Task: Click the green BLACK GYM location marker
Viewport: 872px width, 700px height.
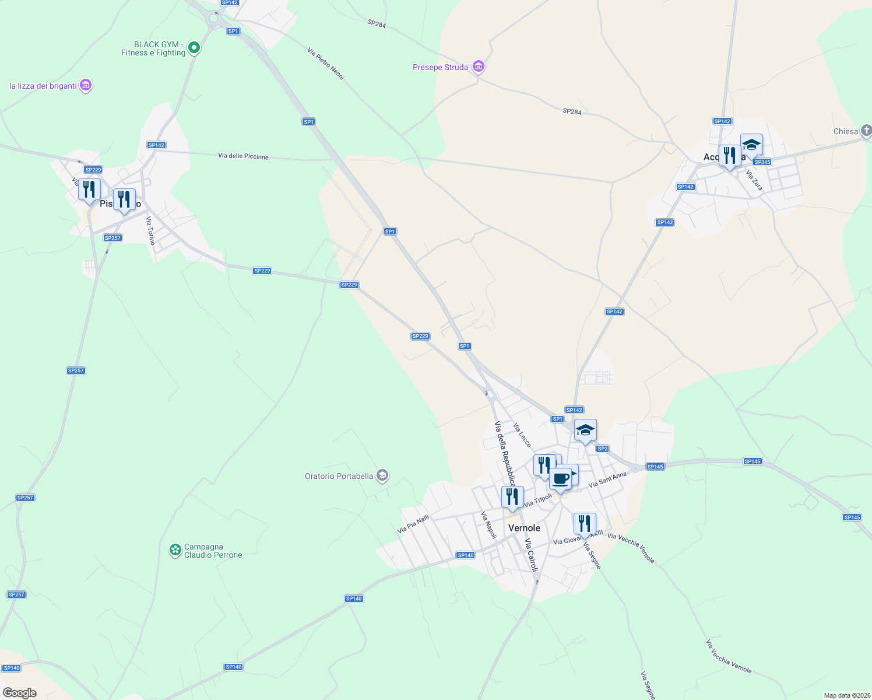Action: pos(194,48)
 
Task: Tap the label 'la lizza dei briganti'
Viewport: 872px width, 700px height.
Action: pos(43,86)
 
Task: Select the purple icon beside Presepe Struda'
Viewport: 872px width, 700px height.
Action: pos(478,67)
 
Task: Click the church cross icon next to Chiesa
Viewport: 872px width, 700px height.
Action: pos(866,131)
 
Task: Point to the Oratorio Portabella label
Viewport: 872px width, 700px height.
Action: pos(339,476)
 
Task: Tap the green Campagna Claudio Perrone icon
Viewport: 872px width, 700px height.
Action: pos(174,549)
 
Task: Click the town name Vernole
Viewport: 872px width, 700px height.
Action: pos(524,528)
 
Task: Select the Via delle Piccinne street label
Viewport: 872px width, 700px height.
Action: pos(243,156)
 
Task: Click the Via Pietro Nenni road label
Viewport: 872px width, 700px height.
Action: pos(326,64)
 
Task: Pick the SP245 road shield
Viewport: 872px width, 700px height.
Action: pos(762,162)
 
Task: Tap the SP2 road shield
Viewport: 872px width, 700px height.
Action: pos(602,449)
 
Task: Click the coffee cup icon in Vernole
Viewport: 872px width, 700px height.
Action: pos(560,479)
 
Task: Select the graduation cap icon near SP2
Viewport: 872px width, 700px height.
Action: pos(585,430)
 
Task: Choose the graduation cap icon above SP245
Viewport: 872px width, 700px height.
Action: pos(751,144)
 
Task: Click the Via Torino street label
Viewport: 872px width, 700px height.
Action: pos(151,230)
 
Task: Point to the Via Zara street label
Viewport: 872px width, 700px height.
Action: pos(754,180)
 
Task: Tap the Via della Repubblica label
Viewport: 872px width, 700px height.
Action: pos(505,453)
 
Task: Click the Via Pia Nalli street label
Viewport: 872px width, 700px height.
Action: pos(413,524)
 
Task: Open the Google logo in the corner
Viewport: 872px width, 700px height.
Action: pos(20,692)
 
